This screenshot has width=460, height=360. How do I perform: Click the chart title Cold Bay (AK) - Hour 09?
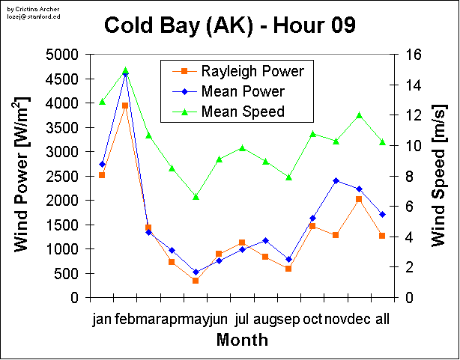pos(229,25)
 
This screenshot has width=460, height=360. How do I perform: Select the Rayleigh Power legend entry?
pos(252,72)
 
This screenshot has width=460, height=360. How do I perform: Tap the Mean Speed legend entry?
pos(243,112)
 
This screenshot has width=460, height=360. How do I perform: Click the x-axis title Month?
pos(242,341)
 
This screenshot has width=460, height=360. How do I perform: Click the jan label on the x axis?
pos(102,320)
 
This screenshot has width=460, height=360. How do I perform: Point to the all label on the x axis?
pos(382,320)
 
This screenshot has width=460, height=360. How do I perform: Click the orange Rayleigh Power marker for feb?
pos(125,106)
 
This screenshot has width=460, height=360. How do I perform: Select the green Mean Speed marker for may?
pos(196,197)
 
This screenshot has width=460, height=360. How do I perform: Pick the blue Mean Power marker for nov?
pos(336,180)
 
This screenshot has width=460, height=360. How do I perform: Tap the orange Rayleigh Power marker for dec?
pos(359,198)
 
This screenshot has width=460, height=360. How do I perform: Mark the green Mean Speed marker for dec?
pos(359,115)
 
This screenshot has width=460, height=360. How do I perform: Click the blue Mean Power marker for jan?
pos(102,164)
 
